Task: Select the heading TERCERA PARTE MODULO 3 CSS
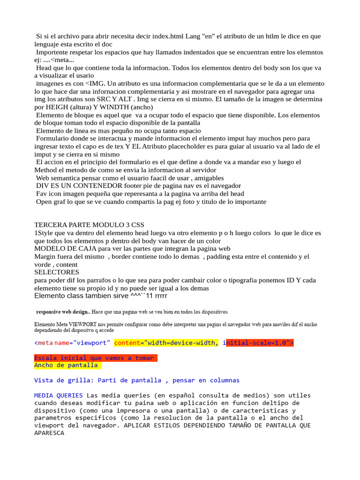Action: point(89,225)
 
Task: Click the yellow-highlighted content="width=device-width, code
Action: point(166,343)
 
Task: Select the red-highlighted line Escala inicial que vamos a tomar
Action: point(94,358)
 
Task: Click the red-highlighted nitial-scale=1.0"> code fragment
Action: point(260,343)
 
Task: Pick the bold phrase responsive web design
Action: point(62,312)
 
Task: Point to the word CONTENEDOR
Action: point(84,186)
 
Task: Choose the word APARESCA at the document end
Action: point(49,434)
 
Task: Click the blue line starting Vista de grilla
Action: point(137,381)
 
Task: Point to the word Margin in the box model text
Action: point(46,257)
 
